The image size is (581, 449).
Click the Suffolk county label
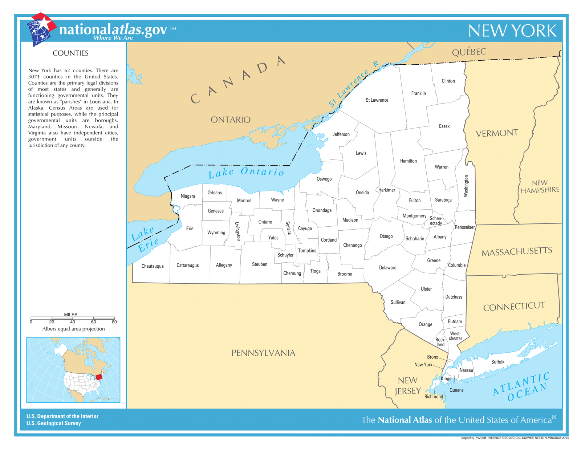(x=497, y=362)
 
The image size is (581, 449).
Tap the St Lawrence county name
(x=377, y=100)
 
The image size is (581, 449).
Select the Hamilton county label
(x=408, y=161)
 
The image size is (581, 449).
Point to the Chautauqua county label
(x=153, y=266)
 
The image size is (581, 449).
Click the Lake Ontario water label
(x=246, y=172)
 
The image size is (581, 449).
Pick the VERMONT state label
(x=497, y=133)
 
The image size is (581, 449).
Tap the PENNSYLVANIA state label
(x=263, y=353)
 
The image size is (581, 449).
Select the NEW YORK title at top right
(x=512, y=31)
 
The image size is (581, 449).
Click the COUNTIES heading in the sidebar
(x=70, y=53)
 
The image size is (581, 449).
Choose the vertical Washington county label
(x=466, y=186)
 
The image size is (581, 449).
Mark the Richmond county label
(x=434, y=396)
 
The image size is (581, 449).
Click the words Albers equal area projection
(x=73, y=329)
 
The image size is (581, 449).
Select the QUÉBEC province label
(x=469, y=52)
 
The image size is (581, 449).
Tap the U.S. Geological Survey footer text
(x=53, y=423)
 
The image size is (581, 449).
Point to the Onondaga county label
(x=322, y=210)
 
